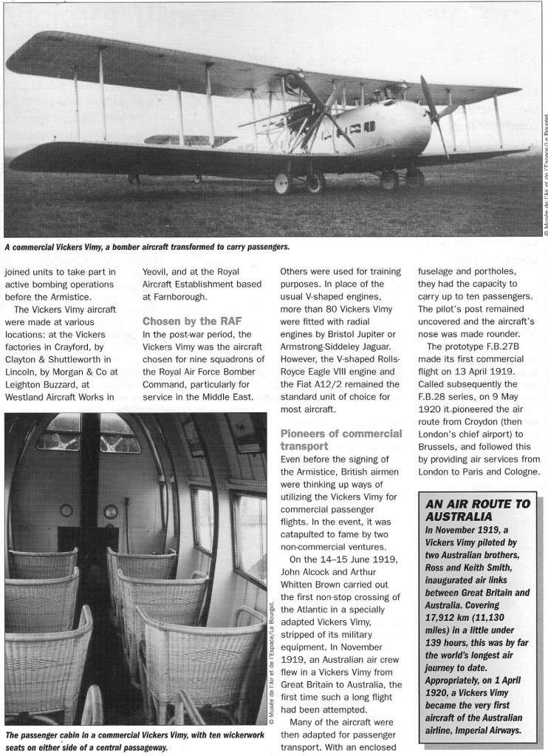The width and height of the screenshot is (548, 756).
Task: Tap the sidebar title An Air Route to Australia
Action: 476,511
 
